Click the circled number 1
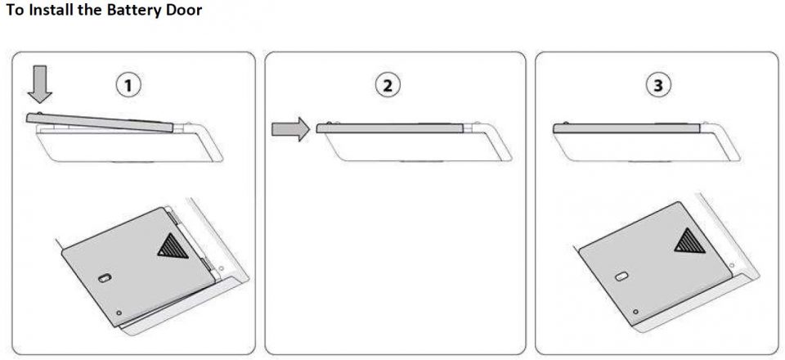point(128,86)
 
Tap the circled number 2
point(388,86)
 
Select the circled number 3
point(657,86)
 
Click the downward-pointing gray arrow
point(39,83)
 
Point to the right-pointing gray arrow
point(291,129)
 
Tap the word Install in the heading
point(50,10)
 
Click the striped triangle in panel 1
point(173,247)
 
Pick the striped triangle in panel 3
point(689,241)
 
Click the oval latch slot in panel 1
point(104,278)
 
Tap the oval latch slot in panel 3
point(621,277)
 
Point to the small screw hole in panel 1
point(119,313)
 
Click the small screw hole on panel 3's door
point(635,312)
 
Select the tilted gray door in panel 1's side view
point(100,122)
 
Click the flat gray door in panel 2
point(389,128)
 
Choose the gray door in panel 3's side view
point(627,128)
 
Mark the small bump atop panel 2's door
point(329,123)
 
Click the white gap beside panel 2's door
point(468,128)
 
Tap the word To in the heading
point(15,10)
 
